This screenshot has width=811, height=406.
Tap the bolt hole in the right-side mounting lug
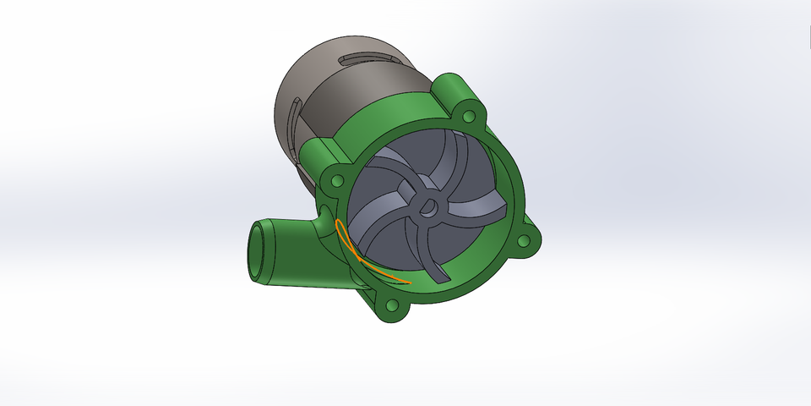click(524, 241)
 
